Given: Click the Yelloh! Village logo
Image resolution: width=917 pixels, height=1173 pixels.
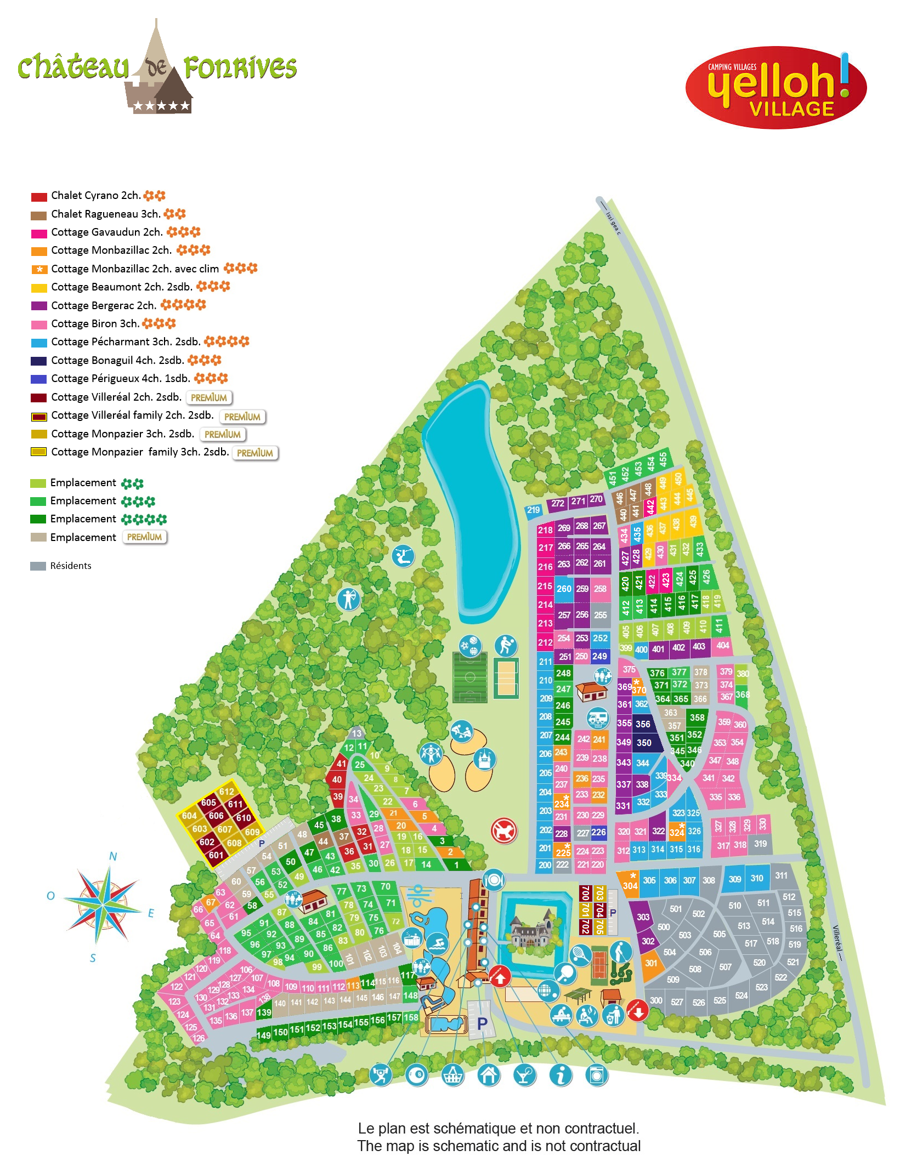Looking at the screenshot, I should pos(776,88).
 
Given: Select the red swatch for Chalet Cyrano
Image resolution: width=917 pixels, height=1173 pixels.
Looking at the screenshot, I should pos(39,197).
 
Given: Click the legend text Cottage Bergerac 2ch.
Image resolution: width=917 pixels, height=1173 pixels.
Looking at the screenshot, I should pos(103,305).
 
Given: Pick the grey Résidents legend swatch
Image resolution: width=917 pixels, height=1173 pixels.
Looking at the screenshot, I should pos(38,566).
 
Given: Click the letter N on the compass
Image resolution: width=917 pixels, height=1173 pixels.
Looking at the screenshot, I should pos(113,856).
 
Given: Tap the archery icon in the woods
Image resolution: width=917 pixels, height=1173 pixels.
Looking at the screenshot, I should pos(348,599).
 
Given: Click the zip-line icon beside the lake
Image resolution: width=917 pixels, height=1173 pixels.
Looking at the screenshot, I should pos(403,556).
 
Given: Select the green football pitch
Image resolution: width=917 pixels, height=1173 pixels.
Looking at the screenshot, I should pos(470,677).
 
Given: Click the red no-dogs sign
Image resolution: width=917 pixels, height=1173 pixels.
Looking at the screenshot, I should pos(503,830).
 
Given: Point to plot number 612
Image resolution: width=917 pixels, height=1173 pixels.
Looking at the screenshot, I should pos(227,792).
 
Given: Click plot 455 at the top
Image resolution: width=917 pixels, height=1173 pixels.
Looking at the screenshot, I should pos(663,459).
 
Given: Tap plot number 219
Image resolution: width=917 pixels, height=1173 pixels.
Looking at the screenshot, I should pos(533,510).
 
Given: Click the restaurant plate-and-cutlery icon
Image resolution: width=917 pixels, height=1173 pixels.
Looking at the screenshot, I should pos(494,880).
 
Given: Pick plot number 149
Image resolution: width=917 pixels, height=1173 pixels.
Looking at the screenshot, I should pos(264,1035).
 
